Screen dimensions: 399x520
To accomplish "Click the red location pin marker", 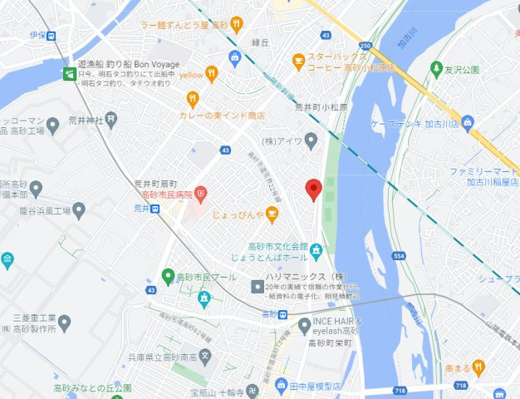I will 313,190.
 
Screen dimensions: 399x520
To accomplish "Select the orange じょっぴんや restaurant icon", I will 272,216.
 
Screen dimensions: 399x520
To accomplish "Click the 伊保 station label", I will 37,36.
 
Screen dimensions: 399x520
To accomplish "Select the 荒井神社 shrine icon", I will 111,121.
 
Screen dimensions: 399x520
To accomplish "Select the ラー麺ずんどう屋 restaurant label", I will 184,26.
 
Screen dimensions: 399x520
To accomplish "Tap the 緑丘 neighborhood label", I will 261,42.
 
